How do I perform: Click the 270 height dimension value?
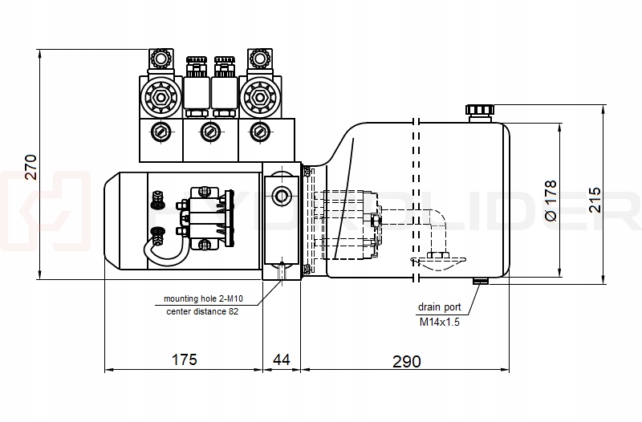coord(30,166)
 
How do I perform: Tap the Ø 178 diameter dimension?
coord(551,201)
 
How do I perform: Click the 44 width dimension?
coord(282,359)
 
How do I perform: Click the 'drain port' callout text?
coord(439,307)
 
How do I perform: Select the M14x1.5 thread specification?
coord(439,322)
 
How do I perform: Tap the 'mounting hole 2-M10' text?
coord(203,298)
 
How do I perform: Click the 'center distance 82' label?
coord(203,311)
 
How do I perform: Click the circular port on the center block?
coord(282,195)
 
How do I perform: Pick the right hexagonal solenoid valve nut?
coord(258,98)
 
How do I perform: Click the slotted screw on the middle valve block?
coord(209,132)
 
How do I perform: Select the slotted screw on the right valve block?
coord(258,132)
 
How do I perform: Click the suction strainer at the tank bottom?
coord(437,258)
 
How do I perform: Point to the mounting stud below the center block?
coord(282,271)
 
